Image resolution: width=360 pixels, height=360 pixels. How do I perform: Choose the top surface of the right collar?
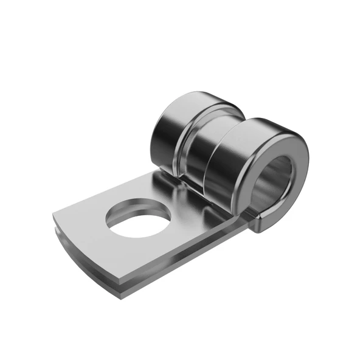tap(268, 125)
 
